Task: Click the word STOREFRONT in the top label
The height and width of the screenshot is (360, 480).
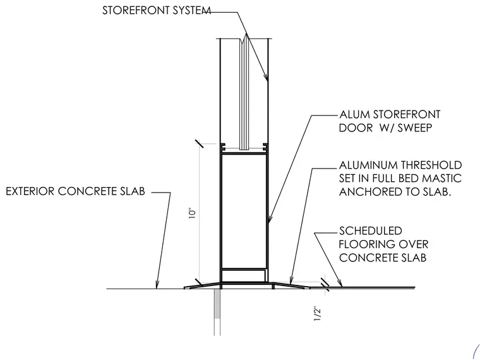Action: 136,10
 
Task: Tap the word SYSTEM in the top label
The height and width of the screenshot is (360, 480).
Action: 191,10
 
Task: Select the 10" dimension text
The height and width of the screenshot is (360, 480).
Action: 192,213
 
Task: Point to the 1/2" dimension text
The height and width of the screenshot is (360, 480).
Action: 318,313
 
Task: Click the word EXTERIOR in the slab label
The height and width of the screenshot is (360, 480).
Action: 30,191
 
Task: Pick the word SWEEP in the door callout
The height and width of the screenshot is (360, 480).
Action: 415,128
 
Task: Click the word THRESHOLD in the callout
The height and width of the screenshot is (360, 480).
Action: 431,165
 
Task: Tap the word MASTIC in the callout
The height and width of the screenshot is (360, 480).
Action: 441,178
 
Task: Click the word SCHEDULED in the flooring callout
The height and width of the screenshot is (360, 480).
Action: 370,231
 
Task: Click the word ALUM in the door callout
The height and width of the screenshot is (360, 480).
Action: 354,114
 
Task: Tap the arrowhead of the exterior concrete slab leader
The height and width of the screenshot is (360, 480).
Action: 157,285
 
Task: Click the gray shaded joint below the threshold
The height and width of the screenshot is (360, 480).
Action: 217,304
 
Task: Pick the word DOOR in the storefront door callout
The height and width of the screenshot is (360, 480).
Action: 356,128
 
